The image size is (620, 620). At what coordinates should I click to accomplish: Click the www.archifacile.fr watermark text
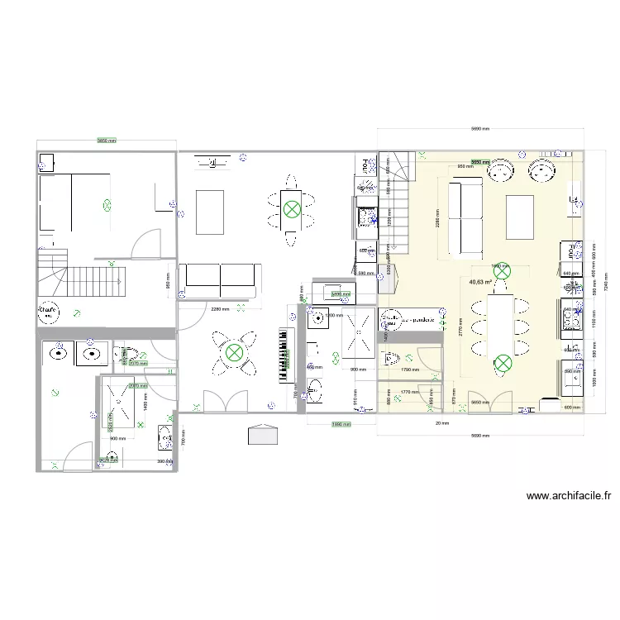point(568,496)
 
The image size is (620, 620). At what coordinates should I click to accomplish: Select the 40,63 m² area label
point(480,282)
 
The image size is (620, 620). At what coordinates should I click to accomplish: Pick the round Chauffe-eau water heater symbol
point(48,312)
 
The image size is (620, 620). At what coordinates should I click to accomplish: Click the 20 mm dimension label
point(443,422)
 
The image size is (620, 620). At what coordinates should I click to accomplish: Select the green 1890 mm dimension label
point(341,424)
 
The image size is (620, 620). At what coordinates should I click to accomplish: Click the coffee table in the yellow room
point(520,217)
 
